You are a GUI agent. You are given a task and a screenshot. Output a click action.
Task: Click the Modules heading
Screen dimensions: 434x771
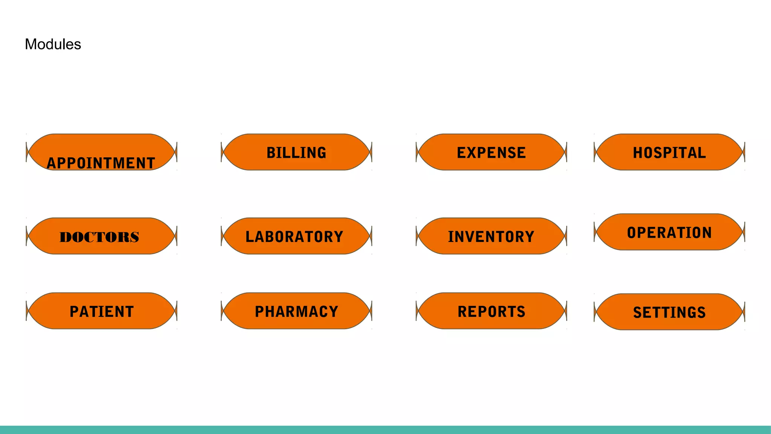tap(53, 44)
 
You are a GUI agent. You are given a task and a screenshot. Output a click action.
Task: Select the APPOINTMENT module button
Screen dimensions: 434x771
tap(102, 152)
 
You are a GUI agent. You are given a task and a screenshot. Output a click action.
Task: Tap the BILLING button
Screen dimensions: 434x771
tap(297, 152)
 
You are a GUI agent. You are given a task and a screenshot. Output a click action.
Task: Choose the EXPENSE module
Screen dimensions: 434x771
tap(491, 152)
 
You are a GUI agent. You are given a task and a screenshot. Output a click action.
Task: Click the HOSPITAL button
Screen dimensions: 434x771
tap(669, 152)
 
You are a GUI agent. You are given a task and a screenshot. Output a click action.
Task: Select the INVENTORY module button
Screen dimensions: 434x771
tap(491, 236)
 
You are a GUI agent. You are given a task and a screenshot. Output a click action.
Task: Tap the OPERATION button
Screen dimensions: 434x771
tap(669, 232)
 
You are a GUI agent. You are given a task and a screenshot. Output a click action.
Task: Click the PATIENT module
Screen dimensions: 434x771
tap(102, 311)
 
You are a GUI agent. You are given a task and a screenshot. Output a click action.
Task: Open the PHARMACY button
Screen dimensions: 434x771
tap(297, 311)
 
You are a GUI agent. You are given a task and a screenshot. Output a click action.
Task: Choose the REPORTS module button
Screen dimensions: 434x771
tap(491, 311)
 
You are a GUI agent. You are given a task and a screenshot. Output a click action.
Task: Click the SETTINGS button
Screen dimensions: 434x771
tap(669, 312)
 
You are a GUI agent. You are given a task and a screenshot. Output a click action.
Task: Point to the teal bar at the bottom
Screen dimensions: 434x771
tap(385, 429)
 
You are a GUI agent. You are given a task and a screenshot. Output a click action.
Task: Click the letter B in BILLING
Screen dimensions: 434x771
tap(271, 153)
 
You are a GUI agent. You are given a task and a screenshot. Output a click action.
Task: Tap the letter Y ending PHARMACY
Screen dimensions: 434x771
tap(334, 312)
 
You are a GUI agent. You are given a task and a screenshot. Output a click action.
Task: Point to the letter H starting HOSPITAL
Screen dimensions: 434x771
tap(638, 153)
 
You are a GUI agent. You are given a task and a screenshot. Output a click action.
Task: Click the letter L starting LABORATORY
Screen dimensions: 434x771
tap(250, 237)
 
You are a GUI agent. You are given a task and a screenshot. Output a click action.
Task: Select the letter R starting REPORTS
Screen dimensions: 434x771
tap(463, 312)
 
